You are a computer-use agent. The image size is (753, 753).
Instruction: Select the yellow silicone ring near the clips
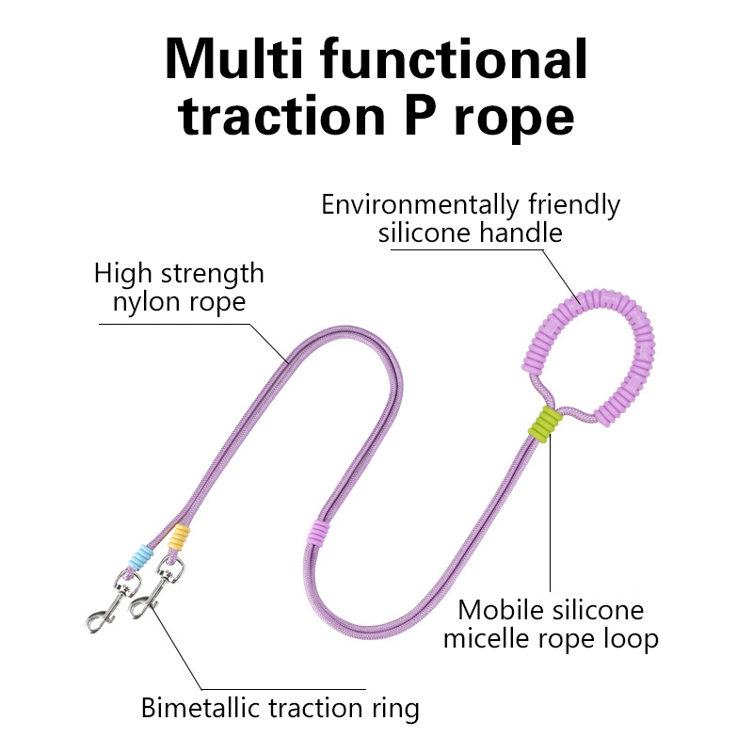[177, 538]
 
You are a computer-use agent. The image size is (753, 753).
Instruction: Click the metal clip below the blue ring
[111, 601]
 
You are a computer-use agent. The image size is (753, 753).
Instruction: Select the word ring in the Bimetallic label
[394, 708]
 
